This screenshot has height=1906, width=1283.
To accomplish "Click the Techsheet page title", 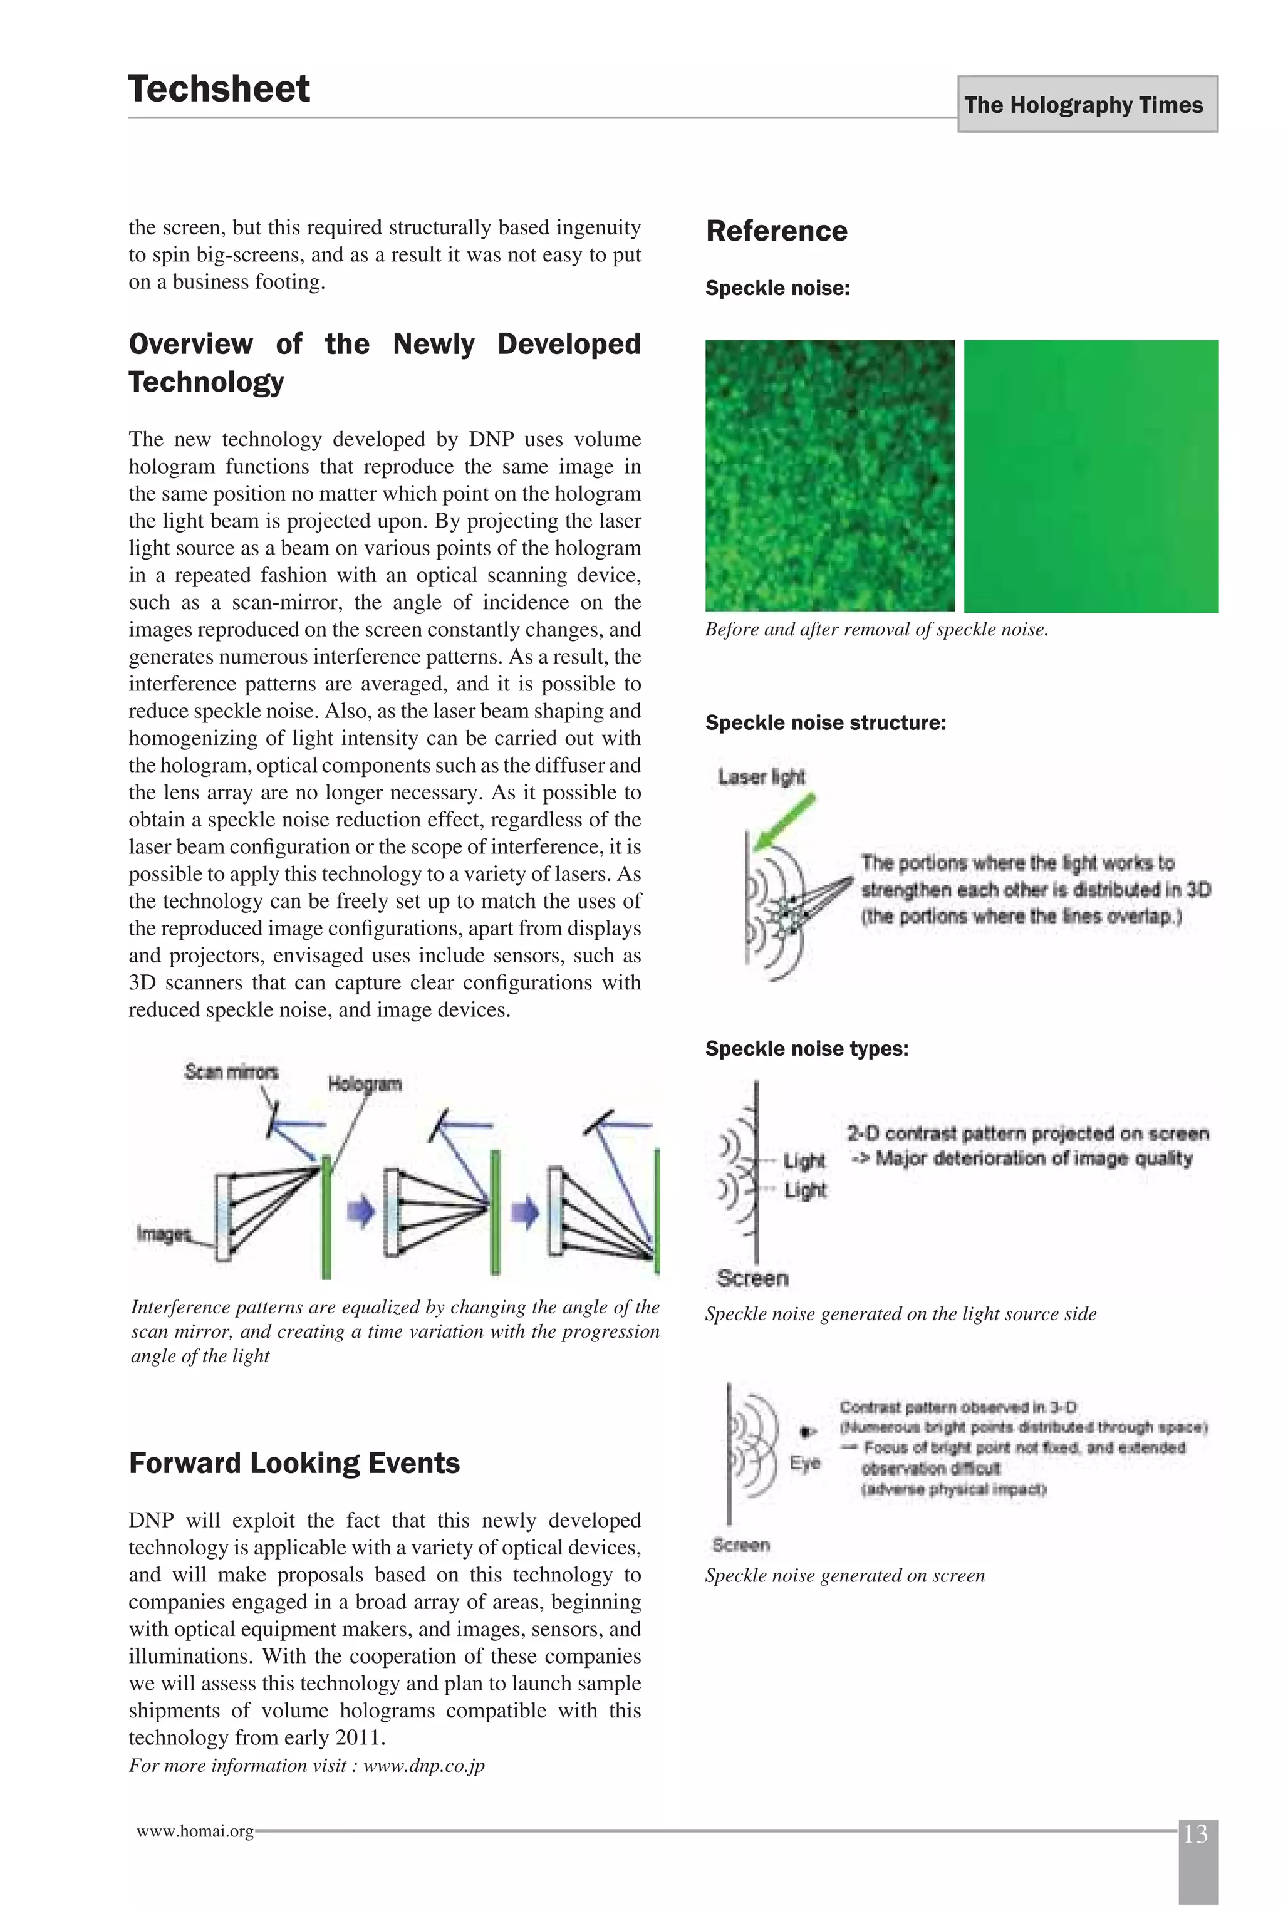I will coord(219,88).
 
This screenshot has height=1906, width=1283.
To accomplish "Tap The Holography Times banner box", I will coord(1087,104).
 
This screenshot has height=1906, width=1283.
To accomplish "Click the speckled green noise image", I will coord(829,476).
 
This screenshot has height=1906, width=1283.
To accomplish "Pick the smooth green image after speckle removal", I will coord(1091,476).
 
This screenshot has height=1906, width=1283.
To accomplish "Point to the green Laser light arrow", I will coord(785,821).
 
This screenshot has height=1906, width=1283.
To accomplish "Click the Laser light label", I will coord(761,777).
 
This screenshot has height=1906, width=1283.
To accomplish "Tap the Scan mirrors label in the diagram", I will coord(231,1071).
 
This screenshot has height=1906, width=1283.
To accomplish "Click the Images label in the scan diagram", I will coord(163,1233).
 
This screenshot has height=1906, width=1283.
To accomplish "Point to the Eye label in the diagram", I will coord(804,1462).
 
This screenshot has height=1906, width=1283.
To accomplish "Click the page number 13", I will coord(1195,1834).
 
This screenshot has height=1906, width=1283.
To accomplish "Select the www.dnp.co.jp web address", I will coord(424,1765).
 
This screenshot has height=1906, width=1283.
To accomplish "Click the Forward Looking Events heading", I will coord(294,1462).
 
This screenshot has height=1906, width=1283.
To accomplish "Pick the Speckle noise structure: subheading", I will coord(825,722).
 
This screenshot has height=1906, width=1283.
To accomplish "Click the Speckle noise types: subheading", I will coord(806,1048).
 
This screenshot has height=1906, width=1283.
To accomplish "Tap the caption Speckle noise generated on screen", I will coord(844,1575).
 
